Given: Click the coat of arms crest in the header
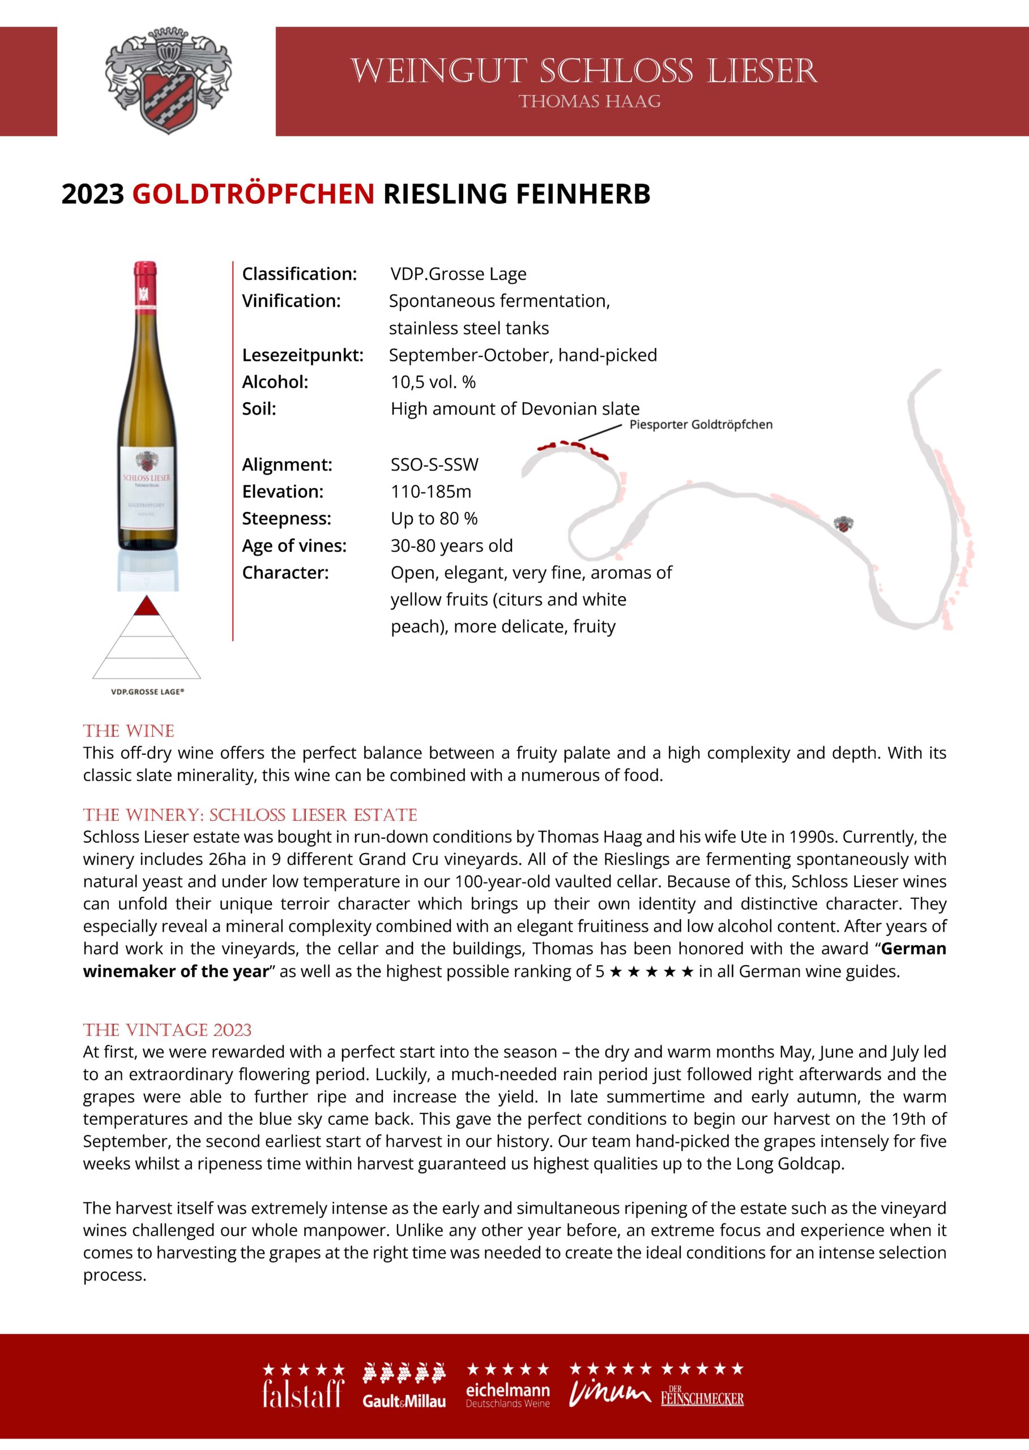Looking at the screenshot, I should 168,80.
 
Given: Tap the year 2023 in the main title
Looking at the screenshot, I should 92,194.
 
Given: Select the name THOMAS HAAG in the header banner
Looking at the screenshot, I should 590,102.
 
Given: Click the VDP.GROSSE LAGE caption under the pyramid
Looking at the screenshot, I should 147,692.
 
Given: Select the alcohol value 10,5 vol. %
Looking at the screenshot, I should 433,382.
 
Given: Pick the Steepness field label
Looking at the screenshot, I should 287,518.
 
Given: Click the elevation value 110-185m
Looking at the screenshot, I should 431,492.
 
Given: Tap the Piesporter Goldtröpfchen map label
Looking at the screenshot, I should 701,425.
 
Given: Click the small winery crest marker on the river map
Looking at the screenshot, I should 843,524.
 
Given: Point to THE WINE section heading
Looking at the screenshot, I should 129,731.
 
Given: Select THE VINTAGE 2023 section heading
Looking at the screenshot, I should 167,1030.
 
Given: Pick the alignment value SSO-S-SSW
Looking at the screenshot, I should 434,464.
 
